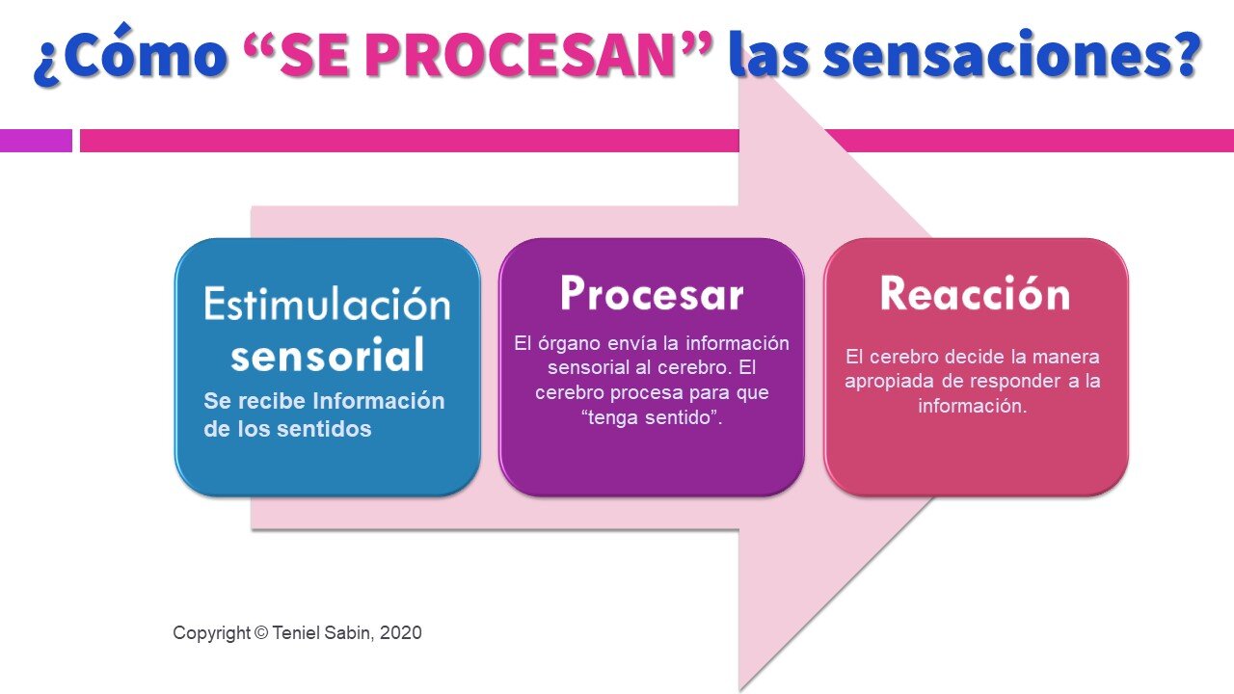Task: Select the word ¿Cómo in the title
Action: coord(128,57)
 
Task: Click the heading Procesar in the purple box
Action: coord(652,293)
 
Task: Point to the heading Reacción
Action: coord(975,293)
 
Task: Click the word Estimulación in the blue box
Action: coord(327,304)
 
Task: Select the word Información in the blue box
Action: coord(380,401)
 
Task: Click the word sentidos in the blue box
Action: coord(324,429)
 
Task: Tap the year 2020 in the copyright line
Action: coord(401,633)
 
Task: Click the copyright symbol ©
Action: coord(260,633)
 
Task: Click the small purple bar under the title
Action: coord(36,141)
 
